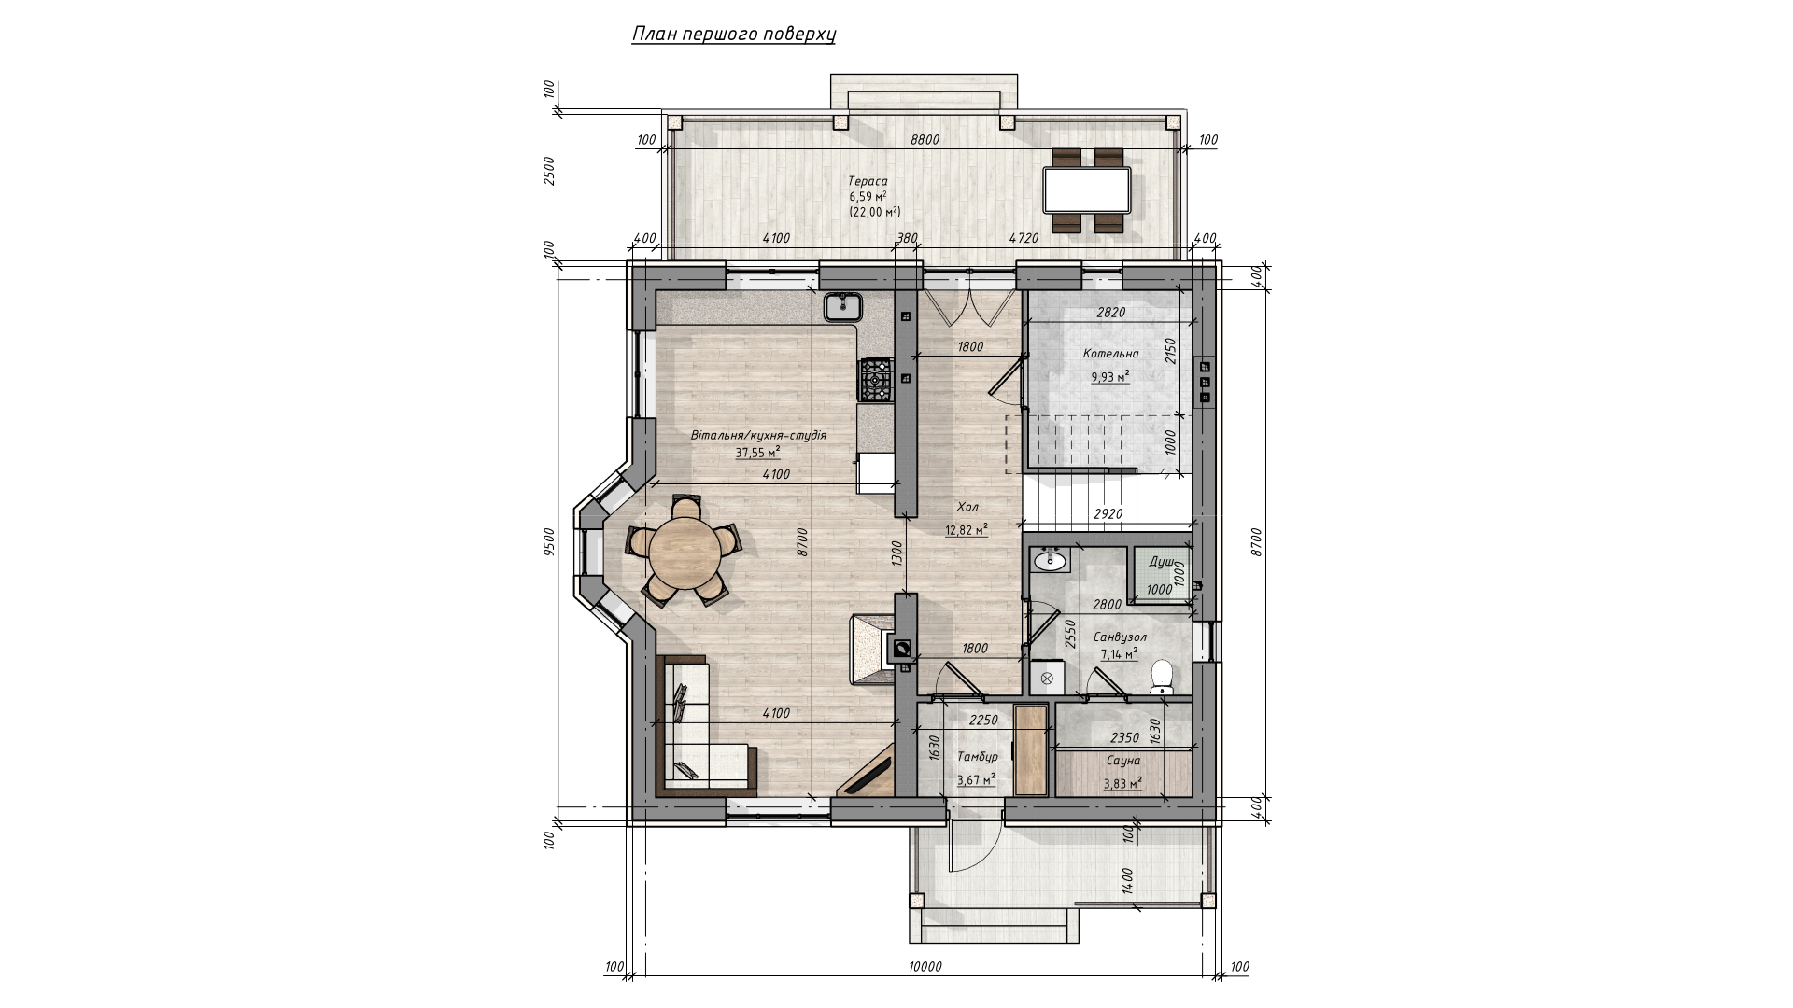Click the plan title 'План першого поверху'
point(734,35)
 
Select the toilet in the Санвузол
point(1162,676)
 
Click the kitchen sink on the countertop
point(842,305)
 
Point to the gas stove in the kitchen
point(877,380)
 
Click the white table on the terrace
point(1087,189)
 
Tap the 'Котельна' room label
point(1110,354)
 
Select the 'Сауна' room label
point(1122,761)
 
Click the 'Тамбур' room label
point(978,757)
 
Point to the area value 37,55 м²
point(757,453)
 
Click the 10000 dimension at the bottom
point(925,967)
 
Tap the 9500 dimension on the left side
point(549,541)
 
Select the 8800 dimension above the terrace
point(925,140)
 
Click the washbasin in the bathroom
point(1052,559)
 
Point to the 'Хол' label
point(967,507)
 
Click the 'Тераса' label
point(868,181)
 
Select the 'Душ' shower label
point(1162,562)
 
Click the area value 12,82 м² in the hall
point(967,530)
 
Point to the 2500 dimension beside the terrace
point(549,171)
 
